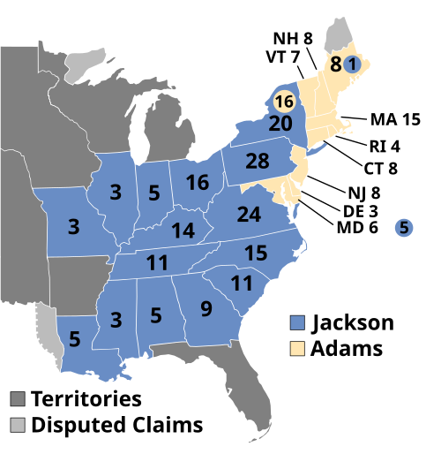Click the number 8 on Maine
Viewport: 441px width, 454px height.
click(336, 64)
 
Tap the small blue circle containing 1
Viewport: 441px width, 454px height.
click(351, 64)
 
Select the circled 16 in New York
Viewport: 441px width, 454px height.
click(284, 101)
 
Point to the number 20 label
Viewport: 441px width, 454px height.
click(280, 125)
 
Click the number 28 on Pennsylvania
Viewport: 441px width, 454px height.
click(258, 162)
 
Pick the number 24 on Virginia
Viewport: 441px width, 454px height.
click(249, 215)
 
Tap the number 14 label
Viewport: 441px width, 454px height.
click(183, 231)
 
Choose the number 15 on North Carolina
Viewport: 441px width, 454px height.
click(256, 253)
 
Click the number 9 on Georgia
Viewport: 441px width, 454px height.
click(206, 309)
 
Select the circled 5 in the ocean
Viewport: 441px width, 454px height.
click(404, 228)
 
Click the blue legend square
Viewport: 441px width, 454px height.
click(297, 322)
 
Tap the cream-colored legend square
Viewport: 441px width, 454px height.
click(297, 347)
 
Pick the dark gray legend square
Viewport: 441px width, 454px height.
click(18, 399)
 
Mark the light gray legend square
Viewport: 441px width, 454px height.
click(18, 425)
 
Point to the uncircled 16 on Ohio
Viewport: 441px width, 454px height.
click(198, 183)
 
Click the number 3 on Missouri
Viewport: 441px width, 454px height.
click(73, 227)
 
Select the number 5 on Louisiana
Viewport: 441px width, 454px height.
click(74, 338)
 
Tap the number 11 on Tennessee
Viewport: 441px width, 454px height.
click(157, 262)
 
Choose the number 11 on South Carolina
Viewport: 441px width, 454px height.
click(242, 284)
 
